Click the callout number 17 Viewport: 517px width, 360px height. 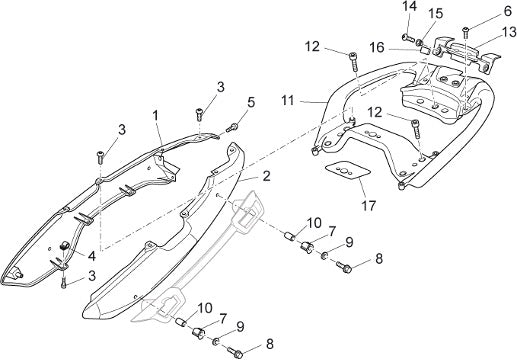[x=368, y=206]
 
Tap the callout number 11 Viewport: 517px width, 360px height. [x=288, y=100]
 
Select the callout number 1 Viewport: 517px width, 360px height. [x=155, y=116]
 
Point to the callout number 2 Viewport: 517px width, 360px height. [x=266, y=176]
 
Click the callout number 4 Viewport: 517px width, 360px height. [x=92, y=256]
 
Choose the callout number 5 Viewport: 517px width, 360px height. [x=251, y=102]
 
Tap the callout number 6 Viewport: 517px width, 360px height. [x=507, y=11]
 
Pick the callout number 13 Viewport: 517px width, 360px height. [x=509, y=33]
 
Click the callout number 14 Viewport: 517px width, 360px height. [x=409, y=6]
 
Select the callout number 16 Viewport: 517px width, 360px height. [x=377, y=48]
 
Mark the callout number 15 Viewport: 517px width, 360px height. [x=436, y=14]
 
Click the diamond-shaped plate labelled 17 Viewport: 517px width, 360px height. [x=348, y=170]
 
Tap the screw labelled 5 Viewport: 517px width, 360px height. [x=232, y=127]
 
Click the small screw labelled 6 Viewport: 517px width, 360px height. [x=465, y=33]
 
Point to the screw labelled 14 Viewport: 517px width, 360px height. [x=408, y=38]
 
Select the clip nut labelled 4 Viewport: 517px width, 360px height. [x=63, y=245]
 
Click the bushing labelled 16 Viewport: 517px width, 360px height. [x=425, y=51]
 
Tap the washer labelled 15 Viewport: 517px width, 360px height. [x=419, y=43]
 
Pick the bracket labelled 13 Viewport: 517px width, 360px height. [x=466, y=53]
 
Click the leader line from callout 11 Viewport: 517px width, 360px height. [x=312, y=101]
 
